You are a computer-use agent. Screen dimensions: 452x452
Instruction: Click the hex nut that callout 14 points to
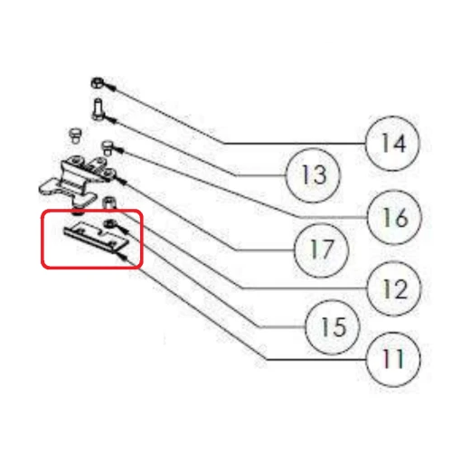point(98,83)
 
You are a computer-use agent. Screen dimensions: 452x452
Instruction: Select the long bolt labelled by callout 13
point(98,109)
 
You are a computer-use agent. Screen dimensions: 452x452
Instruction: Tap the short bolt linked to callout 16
point(107,147)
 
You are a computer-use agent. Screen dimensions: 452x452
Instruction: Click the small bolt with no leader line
point(75,136)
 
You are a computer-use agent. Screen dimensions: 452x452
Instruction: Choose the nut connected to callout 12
point(109,202)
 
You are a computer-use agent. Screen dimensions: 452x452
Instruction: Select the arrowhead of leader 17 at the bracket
point(121,181)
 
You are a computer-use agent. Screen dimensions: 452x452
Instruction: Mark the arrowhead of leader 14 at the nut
point(112,88)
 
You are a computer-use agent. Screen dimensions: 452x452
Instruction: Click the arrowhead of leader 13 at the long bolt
point(112,120)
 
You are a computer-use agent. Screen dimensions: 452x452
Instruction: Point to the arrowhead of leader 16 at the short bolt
point(119,149)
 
